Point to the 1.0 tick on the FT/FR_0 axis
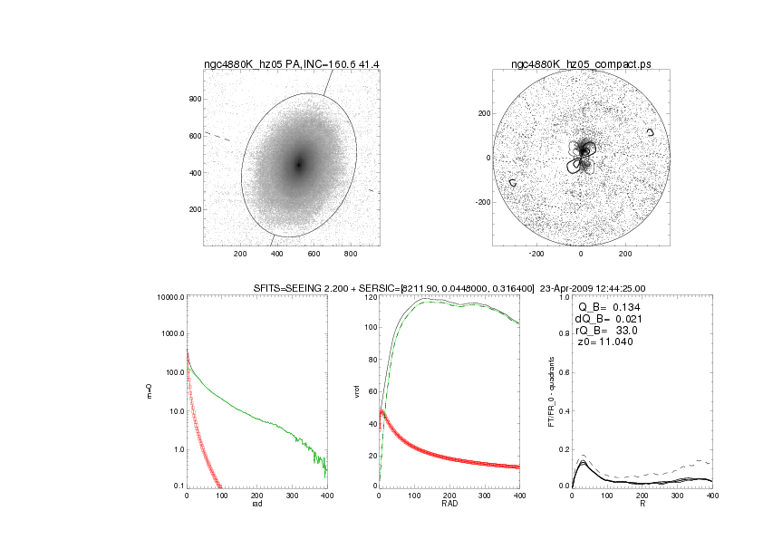click(564, 297)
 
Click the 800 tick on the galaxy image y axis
click(194, 99)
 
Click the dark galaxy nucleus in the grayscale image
click(299, 163)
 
